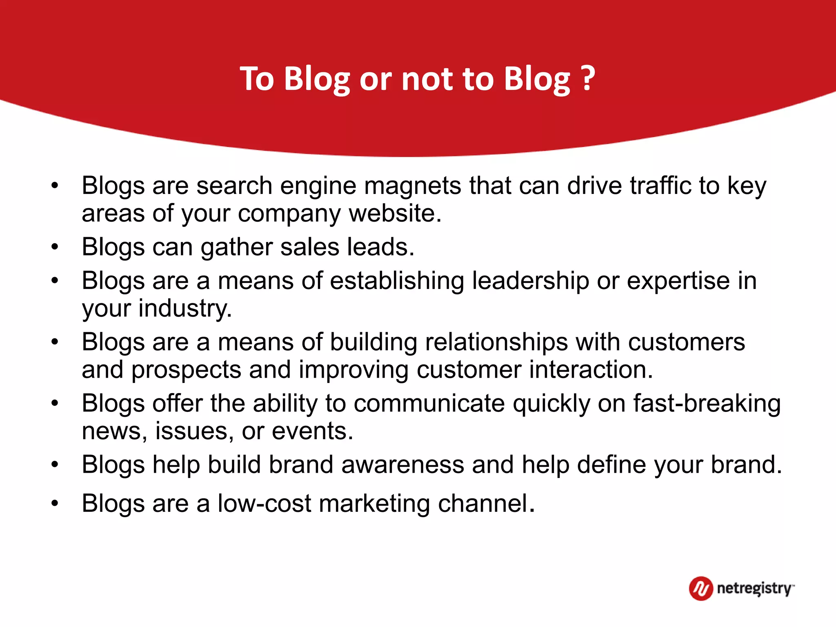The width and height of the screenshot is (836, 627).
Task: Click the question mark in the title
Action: tap(588, 78)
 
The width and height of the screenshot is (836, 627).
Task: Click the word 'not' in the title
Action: tap(427, 79)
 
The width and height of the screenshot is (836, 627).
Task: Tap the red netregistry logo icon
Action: tap(701, 588)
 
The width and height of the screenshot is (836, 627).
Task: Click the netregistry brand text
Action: tap(754, 589)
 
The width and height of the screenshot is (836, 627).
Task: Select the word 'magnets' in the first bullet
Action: tap(412, 186)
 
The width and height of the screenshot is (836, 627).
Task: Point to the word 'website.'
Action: tap(395, 213)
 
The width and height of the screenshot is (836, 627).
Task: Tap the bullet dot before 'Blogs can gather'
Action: tap(55, 247)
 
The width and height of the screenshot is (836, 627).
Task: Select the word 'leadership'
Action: tap(530, 281)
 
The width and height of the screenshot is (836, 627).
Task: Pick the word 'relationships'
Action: tap(496, 342)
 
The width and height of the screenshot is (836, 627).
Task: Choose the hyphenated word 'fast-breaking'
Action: tap(707, 404)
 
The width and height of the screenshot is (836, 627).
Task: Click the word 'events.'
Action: tap(312, 431)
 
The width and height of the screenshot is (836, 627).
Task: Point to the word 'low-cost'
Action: tap(264, 503)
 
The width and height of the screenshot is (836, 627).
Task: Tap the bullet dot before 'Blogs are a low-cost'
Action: tap(55, 504)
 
